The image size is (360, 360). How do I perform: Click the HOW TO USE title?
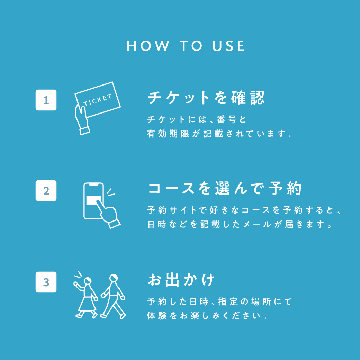pos(186,46)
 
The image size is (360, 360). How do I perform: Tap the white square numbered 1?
pos(46,100)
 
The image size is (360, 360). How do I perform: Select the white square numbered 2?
pos(46,191)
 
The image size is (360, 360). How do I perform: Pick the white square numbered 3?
pos(46,282)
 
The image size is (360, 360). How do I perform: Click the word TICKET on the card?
pos(98,99)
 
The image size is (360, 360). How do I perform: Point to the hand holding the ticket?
pos(82,119)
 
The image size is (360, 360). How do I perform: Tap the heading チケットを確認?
pos(206,98)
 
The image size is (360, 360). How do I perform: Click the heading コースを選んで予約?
pos(225,189)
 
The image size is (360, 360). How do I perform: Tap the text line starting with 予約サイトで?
pos(244,210)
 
